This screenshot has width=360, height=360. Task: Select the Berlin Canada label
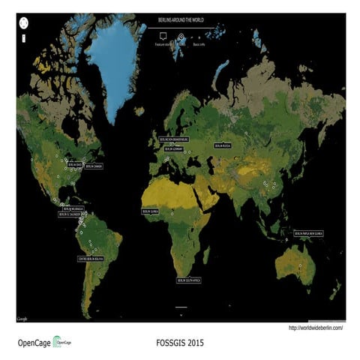point(94,166)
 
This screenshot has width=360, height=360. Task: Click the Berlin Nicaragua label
point(73,208)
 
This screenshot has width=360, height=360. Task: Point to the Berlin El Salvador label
point(68,214)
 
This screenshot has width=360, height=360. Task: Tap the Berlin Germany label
point(174,148)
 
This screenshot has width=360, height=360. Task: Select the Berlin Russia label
point(223,145)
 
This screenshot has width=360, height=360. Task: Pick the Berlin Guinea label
point(151,211)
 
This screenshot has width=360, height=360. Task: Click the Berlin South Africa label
point(189,280)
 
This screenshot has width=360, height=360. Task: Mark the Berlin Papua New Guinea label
point(314,234)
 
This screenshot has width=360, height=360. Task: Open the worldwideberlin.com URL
point(316,328)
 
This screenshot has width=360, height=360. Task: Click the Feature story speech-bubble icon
point(163,35)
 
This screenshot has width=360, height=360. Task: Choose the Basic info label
point(199,44)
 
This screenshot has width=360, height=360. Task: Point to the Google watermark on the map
point(23,319)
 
